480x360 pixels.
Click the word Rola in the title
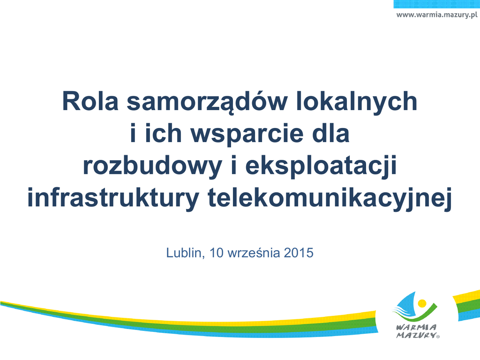(90, 101)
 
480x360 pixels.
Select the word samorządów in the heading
(207, 103)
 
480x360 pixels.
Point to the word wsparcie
(247, 135)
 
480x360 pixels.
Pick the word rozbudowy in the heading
(152, 167)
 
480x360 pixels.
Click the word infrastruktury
(113, 199)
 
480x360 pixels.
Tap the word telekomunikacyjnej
(330, 199)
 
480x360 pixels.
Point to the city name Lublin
(185, 253)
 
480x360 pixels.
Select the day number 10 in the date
(217, 253)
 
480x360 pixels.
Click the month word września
(254, 253)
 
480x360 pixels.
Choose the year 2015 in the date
(299, 253)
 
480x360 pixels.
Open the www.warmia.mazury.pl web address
(437, 15)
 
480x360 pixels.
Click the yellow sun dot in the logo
(422, 303)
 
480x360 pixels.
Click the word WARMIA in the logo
(417, 327)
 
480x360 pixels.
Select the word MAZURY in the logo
(416, 335)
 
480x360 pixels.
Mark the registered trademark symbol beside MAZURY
(438, 337)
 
